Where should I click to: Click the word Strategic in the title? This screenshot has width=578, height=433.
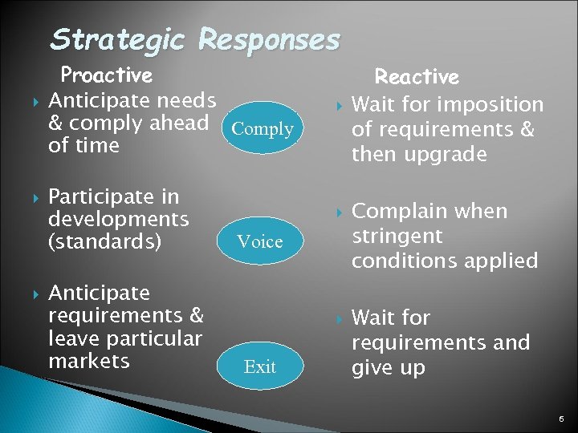pyautogui.click(x=119, y=39)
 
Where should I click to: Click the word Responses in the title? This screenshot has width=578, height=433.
pyautogui.click(x=269, y=39)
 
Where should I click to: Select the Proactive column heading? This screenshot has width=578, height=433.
pyautogui.click(x=107, y=75)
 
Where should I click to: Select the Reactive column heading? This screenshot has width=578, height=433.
pyautogui.click(x=417, y=77)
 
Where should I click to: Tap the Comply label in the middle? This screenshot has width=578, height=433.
pyautogui.click(x=262, y=129)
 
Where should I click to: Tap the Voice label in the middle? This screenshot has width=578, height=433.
pyautogui.click(x=260, y=241)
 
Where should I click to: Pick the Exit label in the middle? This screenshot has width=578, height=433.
pyautogui.click(x=259, y=367)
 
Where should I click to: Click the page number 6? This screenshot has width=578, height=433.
pyautogui.click(x=560, y=419)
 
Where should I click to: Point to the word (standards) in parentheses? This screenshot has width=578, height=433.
pyautogui.click(x=105, y=241)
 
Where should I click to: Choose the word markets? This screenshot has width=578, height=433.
pyautogui.click(x=89, y=361)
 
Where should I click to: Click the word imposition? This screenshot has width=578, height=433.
pyautogui.click(x=495, y=105)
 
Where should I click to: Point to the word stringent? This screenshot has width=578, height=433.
pyautogui.click(x=397, y=237)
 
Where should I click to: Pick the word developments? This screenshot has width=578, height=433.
pyautogui.click(x=119, y=219)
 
